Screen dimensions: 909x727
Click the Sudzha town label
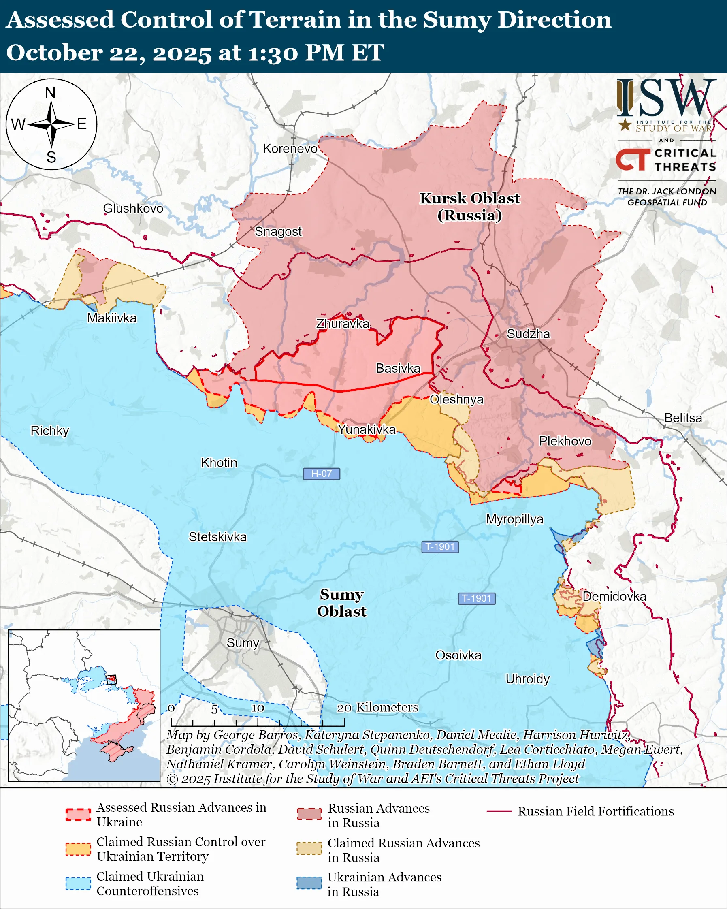(x=528, y=334)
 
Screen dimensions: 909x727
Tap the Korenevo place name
(x=290, y=149)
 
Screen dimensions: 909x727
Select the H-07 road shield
(x=321, y=474)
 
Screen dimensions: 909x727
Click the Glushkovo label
(x=133, y=208)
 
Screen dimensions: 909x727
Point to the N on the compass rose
(x=50, y=93)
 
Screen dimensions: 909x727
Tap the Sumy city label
(x=242, y=643)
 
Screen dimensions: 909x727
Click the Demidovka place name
(x=614, y=596)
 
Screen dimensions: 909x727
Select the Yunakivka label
(x=367, y=429)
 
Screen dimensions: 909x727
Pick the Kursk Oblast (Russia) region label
(x=469, y=207)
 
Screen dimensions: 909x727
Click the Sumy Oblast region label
(x=341, y=602)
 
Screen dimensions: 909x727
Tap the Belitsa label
(x=683, y=418)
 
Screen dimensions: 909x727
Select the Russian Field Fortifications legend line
(x=499, y=811)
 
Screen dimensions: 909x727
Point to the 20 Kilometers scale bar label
(x=377, y=707)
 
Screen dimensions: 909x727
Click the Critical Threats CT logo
(x=633, y=160)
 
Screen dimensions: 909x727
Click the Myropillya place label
(x=514, y=519)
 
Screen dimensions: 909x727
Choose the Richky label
(x=50, y=431)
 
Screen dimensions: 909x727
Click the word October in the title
(x=54, y=53)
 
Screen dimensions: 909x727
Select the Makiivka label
(x=112, y=318)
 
